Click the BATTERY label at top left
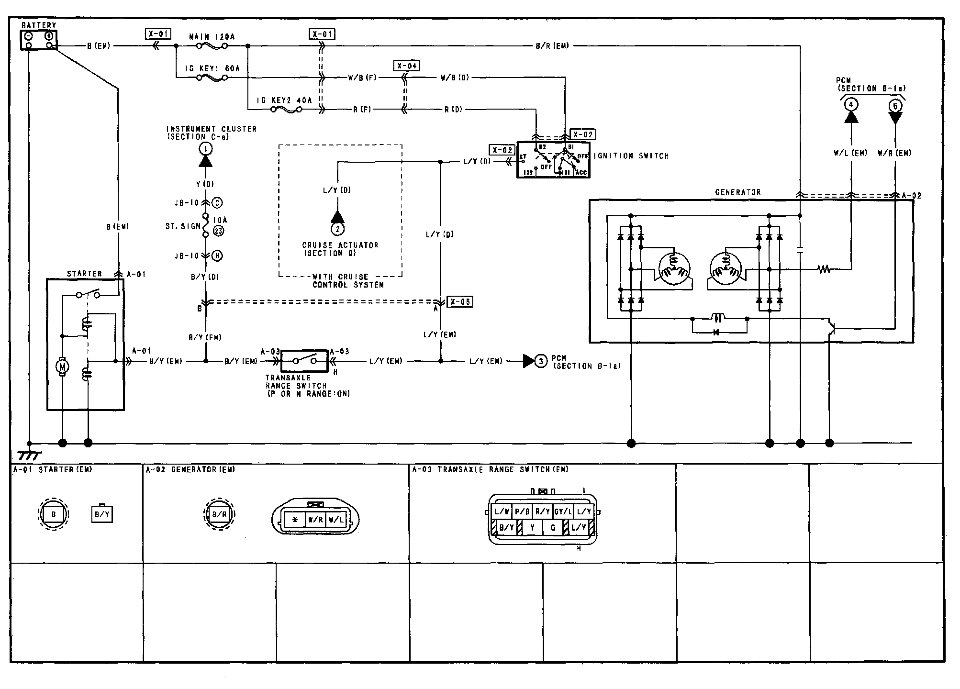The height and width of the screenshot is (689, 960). point(39,25)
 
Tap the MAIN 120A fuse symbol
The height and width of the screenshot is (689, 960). point(212,46)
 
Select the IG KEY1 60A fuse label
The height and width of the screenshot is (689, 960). point(212,68)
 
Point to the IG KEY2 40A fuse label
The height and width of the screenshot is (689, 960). point(284,100)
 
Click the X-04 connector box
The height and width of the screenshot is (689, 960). point(406,66)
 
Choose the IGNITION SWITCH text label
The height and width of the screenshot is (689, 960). point(631,156)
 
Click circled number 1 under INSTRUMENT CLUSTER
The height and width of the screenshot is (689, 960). point(206,149)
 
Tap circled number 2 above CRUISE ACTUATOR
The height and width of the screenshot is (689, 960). point(337,229)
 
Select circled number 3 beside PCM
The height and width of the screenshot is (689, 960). point(541,361)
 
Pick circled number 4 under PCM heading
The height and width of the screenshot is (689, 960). point(850,104)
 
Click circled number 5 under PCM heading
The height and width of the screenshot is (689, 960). point(895,106)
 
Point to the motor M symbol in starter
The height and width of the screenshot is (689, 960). point(62,367)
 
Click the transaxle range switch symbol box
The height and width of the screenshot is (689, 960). point(304,361)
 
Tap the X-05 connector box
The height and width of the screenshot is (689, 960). point(459,302)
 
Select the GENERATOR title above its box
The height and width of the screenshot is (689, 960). point(737,192)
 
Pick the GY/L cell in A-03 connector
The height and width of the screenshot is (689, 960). point(563,511)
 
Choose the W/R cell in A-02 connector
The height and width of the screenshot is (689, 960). point(315,520)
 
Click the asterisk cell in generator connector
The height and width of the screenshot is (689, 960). point(295,520)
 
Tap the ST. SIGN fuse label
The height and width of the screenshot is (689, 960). point(183,226)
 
